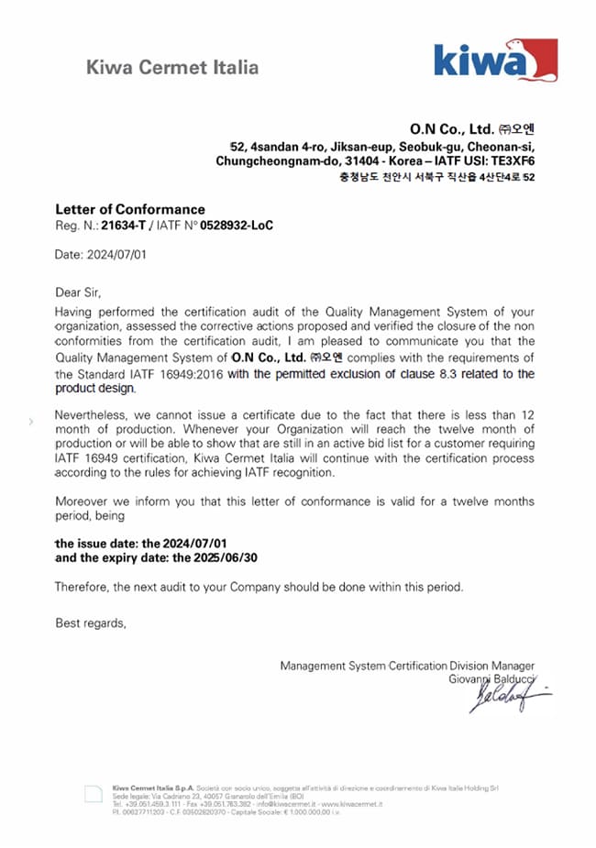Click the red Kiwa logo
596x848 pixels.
[495, 61]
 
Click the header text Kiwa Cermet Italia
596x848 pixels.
[172, 67]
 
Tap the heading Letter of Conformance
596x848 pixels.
[130, 209]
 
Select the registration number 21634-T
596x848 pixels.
[124, 225]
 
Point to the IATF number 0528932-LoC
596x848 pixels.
[237, 225]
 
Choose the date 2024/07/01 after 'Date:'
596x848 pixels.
[116, 256]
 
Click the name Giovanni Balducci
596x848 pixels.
[494, 679]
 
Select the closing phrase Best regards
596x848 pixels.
[91, 623]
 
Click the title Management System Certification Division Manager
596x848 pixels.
[407, 666]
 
